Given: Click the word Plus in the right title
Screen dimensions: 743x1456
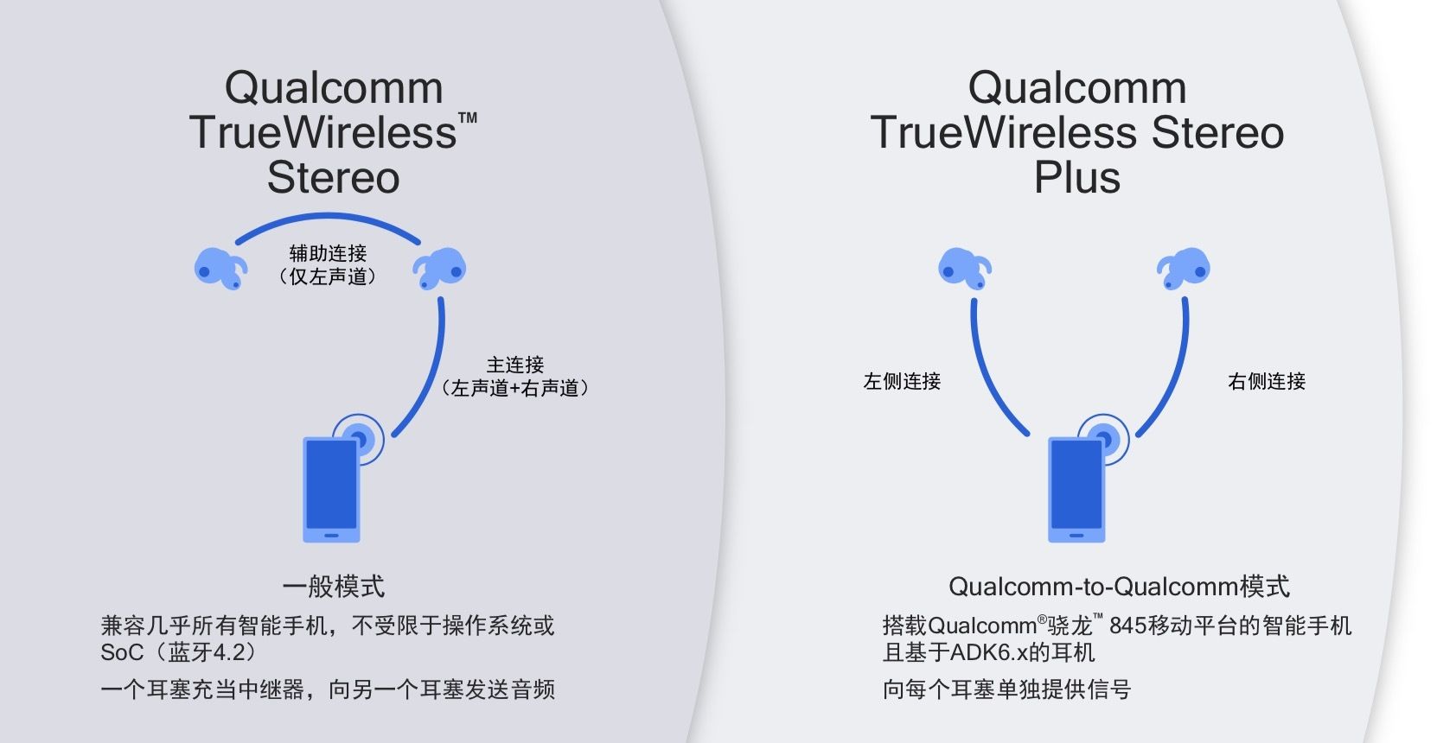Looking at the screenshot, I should pyautogui.click(x=1076, y=178).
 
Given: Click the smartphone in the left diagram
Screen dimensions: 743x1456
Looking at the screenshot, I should pyautogui.click(x=331, y=489).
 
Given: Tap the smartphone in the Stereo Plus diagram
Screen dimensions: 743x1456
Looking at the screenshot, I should pyautogui.click(x=1076, y=489).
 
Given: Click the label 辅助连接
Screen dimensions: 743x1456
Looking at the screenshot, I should pyautogui.click(x=328, y=253).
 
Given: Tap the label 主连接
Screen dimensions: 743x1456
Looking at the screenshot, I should pyautogui.click(x=515, y=365).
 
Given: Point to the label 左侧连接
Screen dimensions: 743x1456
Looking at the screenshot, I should pyautogui.click(x=902, y=381).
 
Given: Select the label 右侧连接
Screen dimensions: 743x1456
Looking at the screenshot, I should pyautogui.click(x=1267, y=381).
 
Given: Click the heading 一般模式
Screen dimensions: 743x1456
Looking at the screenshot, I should pyautogui.click(x=333, y=587).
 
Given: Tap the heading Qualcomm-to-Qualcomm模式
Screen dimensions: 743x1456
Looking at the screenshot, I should pyautogui.click(x=1119, y=587).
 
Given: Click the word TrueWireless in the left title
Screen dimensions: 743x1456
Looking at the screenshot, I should pyautogui.click(x=322, y=133).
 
